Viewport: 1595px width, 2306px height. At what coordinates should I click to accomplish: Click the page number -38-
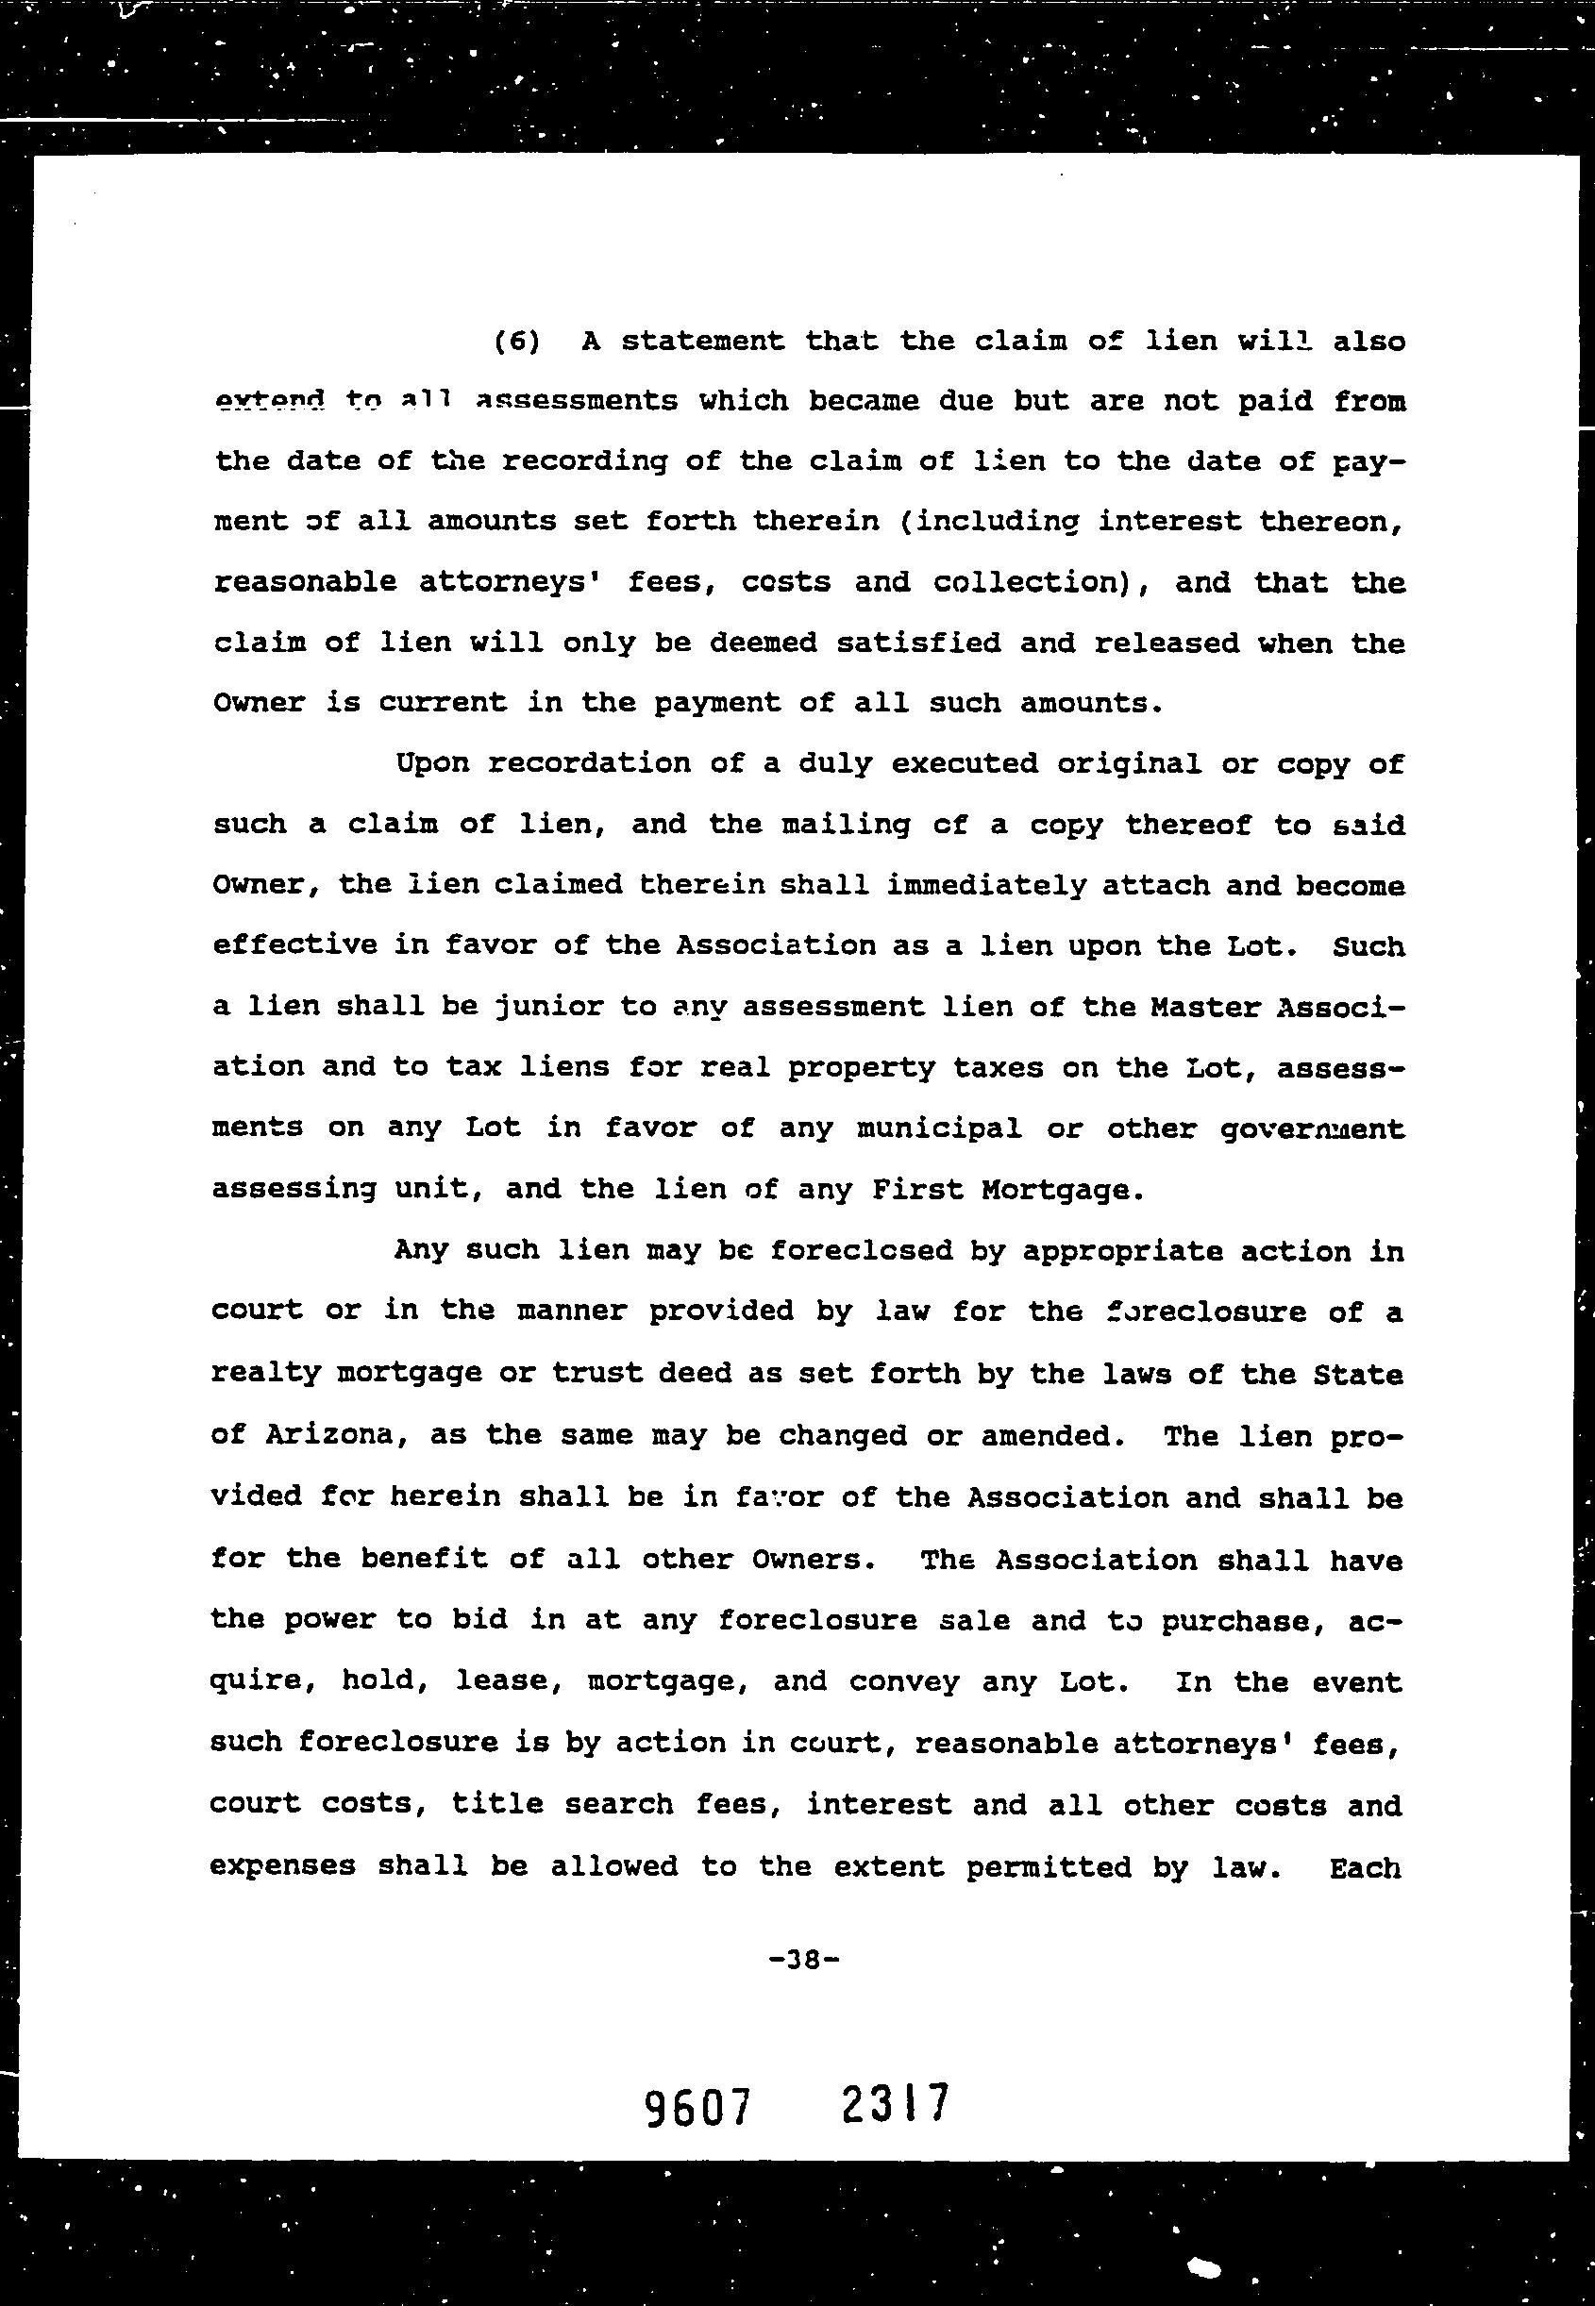coord(802,1961)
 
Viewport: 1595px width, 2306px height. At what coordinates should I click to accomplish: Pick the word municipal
coord(938,1129)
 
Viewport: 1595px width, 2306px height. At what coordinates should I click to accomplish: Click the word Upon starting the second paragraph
coord(431,764)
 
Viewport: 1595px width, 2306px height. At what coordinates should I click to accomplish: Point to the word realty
coord(266,1373)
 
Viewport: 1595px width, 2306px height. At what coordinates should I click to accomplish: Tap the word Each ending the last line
coord(1364,1867)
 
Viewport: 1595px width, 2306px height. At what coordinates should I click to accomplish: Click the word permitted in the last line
coord(1049,1867)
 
